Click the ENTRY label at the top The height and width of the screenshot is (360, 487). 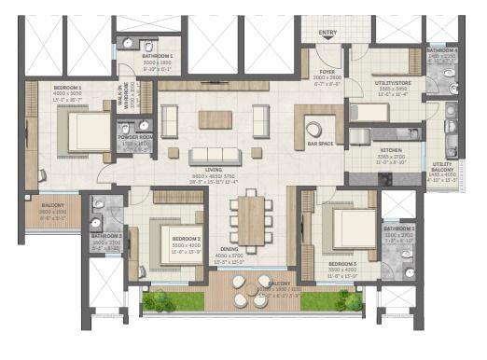click(327, 34)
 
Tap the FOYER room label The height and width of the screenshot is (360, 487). click(327, 71)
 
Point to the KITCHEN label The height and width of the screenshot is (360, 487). click(391, 151)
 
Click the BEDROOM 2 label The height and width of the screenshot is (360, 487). click(185, 239)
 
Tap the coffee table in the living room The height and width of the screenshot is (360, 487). click(216, 119)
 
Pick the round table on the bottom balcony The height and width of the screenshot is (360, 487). click(246, 290)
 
